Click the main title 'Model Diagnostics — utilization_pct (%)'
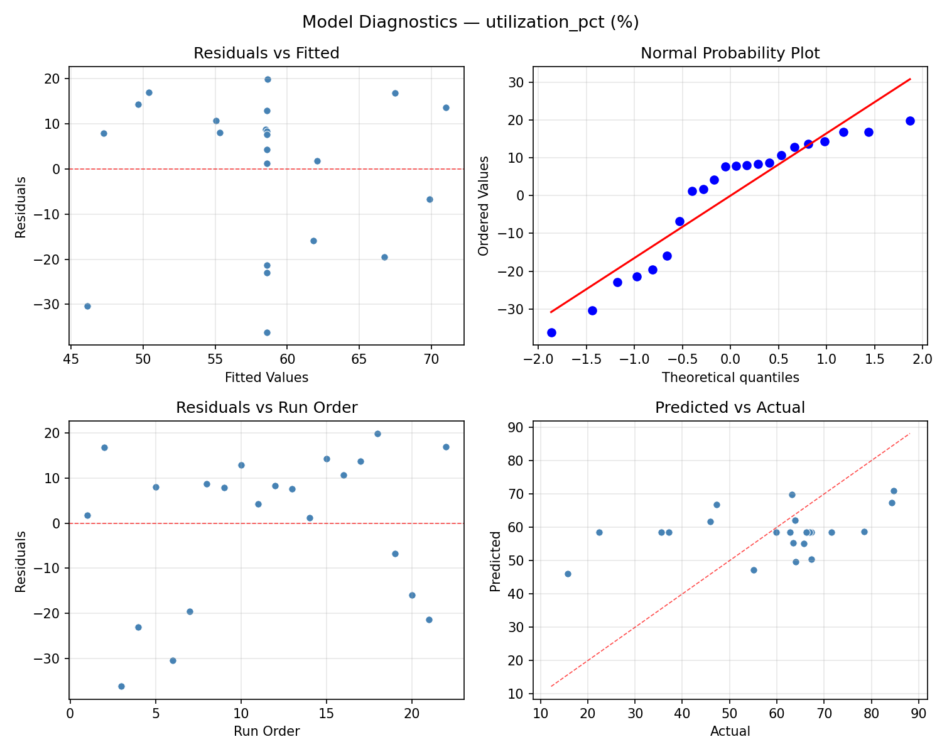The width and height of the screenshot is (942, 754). pyautogui.click(x=470, y=23)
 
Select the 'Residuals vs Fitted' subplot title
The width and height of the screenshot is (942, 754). pyautogui.click(x=266, y=53)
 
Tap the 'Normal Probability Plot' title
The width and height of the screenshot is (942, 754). pyautogui.click(x=730, y=53)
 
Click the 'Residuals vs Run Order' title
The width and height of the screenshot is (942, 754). pyautogui.click(x=266, y=408)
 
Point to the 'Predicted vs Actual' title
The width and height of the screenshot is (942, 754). pyautogui.click(x=730, y=408)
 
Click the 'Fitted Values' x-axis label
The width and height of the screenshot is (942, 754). pyautogui.click(x=266, y=378)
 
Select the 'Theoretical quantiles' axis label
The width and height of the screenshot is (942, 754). pyautogui.click(x=730, y=378)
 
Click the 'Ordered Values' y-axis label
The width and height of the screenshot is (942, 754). pyautogui.click(x=483, y=206)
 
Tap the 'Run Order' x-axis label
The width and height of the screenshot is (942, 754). pyautogui.click(x=266, y=731)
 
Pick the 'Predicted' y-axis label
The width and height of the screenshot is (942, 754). pyautogui.click(x=495, y=561)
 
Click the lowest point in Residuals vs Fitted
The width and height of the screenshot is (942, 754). pyautogui.click(x=267, y=332)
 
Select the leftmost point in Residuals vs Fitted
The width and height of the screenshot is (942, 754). pyautogui.click(x=87, y=306)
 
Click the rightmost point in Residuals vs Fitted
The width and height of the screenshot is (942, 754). pyautogui.click(x=446, y=107)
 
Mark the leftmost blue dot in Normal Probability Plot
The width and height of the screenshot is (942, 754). pyautogui.click(x=551, y=332)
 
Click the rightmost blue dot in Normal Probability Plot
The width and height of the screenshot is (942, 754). pyautogui.click(x=910, y=121)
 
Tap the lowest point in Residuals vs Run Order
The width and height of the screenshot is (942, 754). pyautogui.click(x=121, y=686)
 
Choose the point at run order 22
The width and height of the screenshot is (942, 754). pyautogui.click(x=446, y=447)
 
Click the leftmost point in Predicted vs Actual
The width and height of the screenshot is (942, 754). pyautogui.click(x=568, y=574)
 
